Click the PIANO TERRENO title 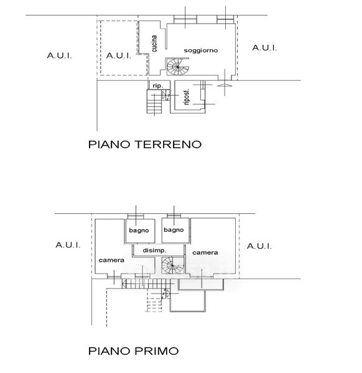[145, 144]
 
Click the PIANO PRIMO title [133, 351]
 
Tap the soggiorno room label [201, 50]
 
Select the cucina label [154, 44]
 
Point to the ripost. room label [187, 97]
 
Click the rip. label [157, 86]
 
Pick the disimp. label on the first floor [154, 251]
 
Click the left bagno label [139, 231]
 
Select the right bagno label [174, 230]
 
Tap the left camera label [111, 260]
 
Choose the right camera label [205, 252]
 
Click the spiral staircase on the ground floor [177, 67]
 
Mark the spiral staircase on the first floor [172, 265]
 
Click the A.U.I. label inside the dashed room [119, 56]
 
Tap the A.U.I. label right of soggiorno [264, 48]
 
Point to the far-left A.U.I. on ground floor [59, 56]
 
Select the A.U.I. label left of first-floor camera [68, 245]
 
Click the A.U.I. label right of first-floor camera [259, 246]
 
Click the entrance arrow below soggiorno [225, 85]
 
